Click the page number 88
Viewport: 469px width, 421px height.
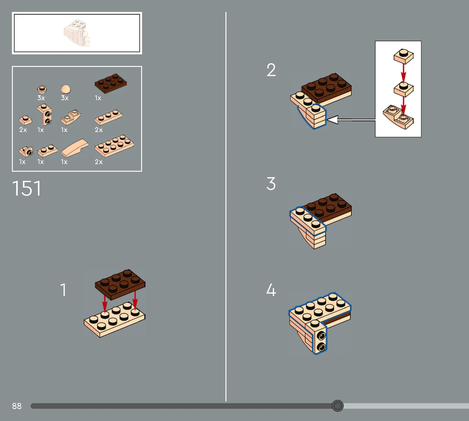pos(17,406)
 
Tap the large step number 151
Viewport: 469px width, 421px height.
pos(27,189)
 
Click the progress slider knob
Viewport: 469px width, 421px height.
pos(338,406)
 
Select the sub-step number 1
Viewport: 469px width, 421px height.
pos(63,290)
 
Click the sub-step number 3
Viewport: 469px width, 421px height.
pos(271,184)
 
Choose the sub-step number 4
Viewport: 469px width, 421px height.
pos(271,290)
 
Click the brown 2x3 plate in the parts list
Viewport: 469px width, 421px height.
pos(111,83)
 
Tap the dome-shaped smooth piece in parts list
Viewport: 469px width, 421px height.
pos(66,89)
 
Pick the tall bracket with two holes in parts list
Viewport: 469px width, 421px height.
pos(44,114)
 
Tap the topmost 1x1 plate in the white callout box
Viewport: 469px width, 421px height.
pos(404,56)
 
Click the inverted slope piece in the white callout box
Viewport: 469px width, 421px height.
pos(398,117)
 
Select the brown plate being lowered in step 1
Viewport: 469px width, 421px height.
pos(120,284)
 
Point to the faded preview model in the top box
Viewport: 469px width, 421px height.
pos(77,33)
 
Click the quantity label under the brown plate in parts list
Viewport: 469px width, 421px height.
pos(98,98)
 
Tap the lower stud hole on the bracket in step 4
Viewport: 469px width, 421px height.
pos(322,347)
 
